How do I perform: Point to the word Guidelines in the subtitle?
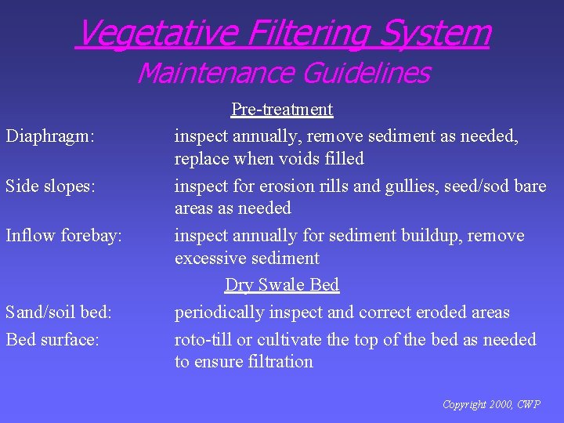(x=366, y=73)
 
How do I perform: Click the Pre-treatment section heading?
(x=282, y=109)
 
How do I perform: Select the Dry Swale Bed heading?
(x=282, y=284)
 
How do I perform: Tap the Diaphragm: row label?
(x=50, y=136)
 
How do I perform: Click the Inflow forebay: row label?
(x=64, y=236)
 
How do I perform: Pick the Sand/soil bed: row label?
(x=59, y=313)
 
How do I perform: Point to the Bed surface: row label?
(x=52, y=340)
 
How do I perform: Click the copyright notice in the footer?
(x=491, y=404)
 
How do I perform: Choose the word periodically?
(x=219, y=313)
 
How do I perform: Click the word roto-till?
(x=201, y=340)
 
